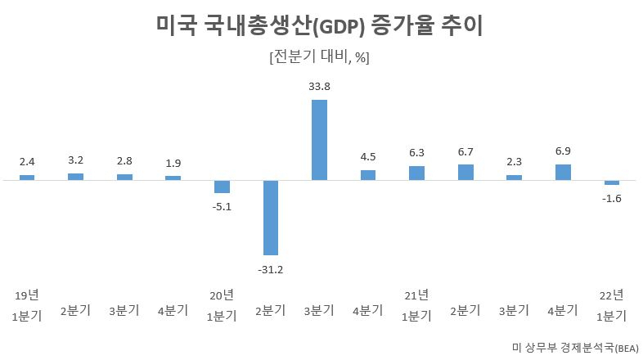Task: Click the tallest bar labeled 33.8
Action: tap(319, 140)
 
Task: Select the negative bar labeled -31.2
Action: tap(271, 218)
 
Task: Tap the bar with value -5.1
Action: tap(222, 187)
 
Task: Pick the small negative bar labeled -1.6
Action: tap(612, 182)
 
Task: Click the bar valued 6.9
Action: tap(563, 172)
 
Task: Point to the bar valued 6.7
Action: tap(465, 172)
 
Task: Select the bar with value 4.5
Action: tap(368, 175)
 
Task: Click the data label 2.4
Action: tap(27, 162)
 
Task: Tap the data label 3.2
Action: tap(76, 160)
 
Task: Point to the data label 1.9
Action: tap(173, 163)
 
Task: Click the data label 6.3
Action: tap(416, 153)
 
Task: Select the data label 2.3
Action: tap(515, 162)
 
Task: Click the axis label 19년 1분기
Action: tap(27, 305)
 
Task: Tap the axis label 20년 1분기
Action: tap(222, 305)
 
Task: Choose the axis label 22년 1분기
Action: tap(612, 305)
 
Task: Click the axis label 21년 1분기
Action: tap(416, 305)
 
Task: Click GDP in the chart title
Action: tap(339, 27)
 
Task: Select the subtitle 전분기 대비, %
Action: tap(319, 56)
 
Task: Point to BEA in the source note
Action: tap(627, 349)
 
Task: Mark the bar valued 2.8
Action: tap(124, 177)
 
